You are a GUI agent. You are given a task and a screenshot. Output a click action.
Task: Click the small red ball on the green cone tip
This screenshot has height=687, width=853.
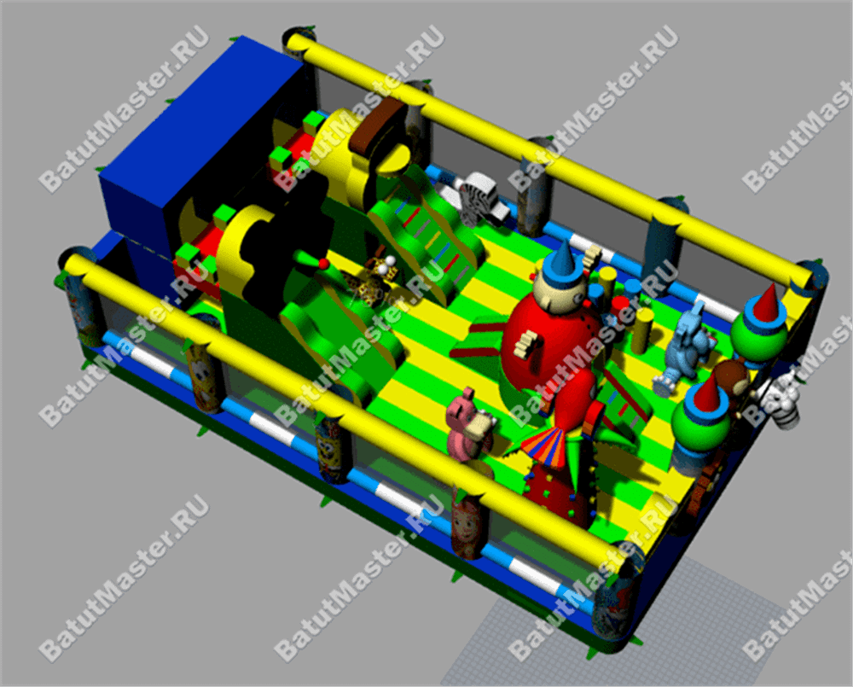323,264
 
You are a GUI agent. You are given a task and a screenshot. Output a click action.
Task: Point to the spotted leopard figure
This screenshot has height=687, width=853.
370,281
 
